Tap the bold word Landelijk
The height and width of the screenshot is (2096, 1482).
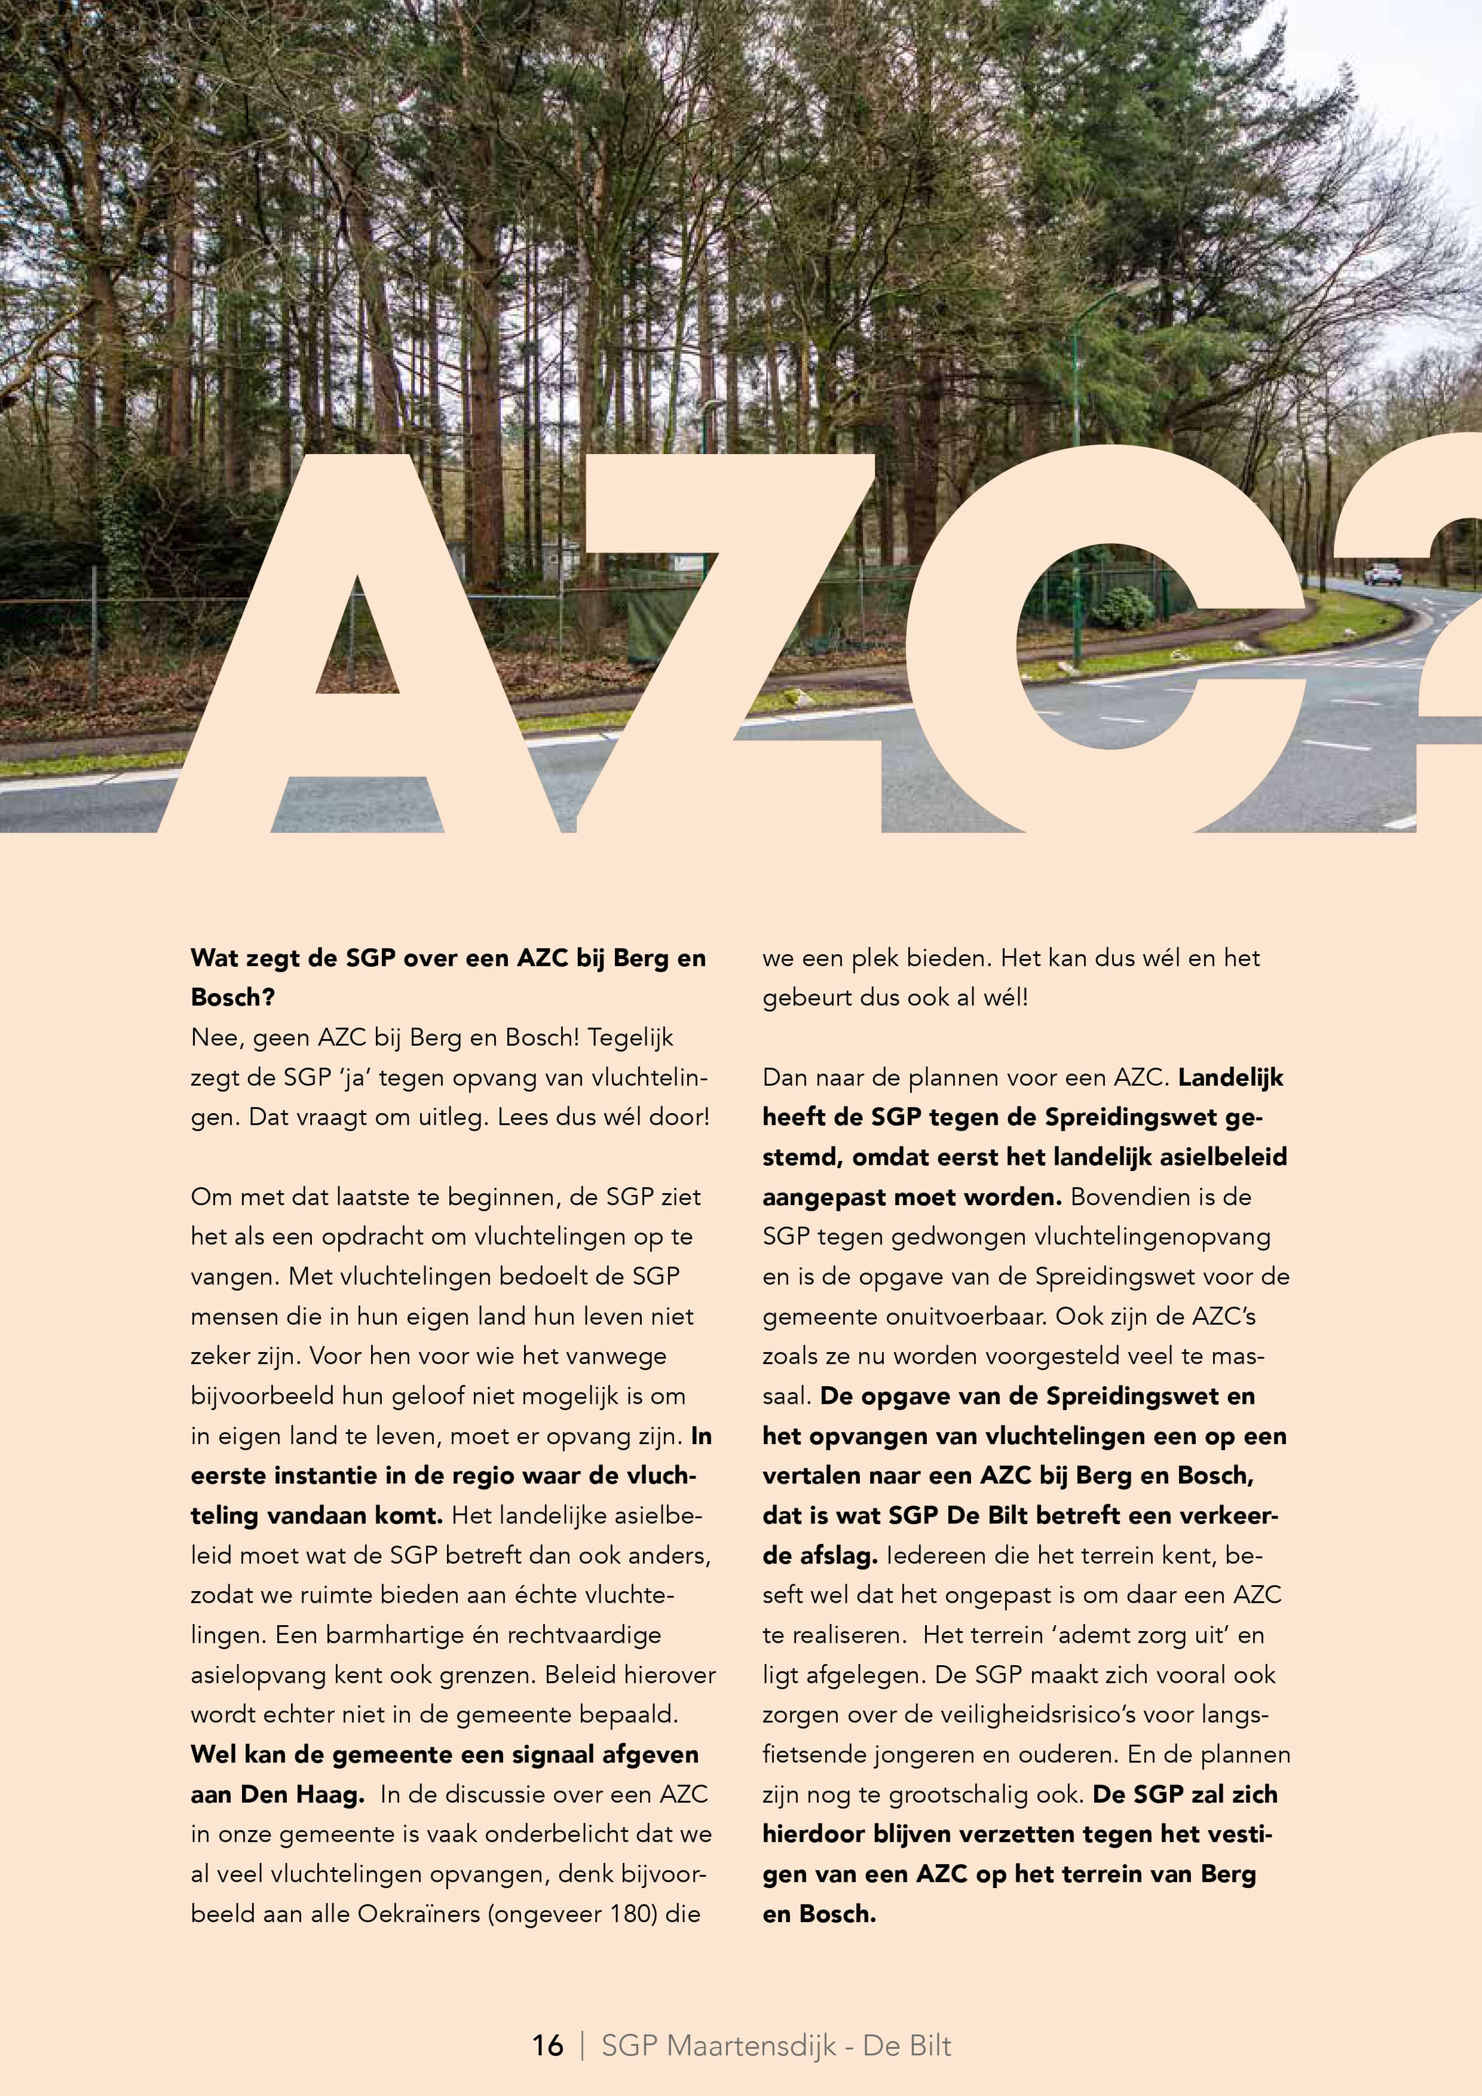pyautogui.click(x=1230, y=1077)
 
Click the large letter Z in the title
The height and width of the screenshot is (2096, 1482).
pyautogui.click(x=721, y=639)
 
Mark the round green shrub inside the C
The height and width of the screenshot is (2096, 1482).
pyautogui.click(x=1122, y=606)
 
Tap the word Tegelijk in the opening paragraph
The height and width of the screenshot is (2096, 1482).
pyautogui.click(x=630, y=1037)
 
